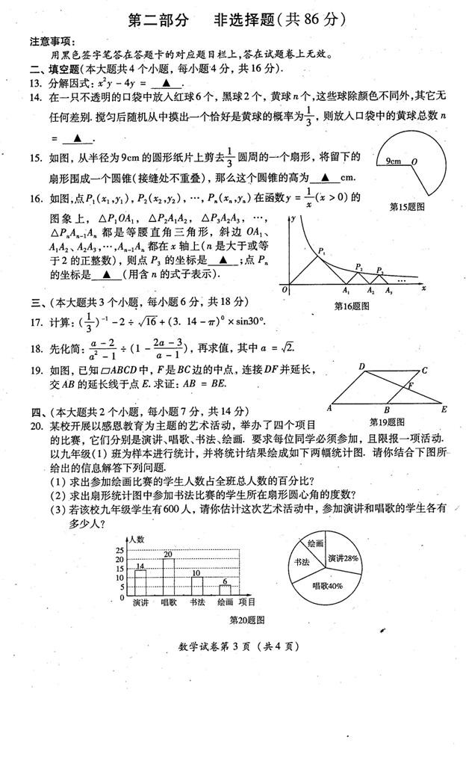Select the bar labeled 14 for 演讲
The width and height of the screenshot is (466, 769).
pyautogui.click(x=140, y=583)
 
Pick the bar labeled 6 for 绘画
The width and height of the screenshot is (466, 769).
pyautogui.click(x=225, y=590)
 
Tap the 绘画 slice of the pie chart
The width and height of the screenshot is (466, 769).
pyautogui.click(x=314, y=543)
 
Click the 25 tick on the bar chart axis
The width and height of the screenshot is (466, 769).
pyautogui.click(x=120, y=550)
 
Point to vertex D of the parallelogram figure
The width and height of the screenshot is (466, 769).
pyautogui.click(x=361, y=367)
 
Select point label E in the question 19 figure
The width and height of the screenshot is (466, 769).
pyautogui.click(x=444, y=409)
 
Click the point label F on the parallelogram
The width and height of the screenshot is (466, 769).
pyautogui.click(x=410, y=386)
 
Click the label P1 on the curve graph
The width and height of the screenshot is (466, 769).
pyautogui.click(x=322, y=252)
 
